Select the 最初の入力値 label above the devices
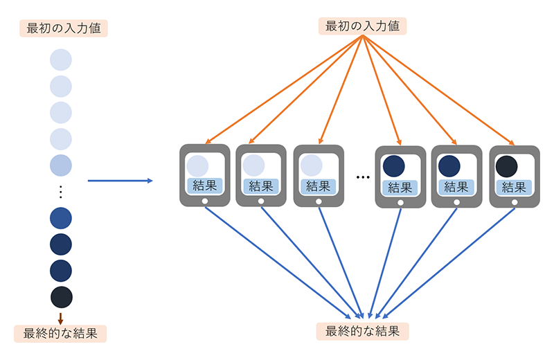362,27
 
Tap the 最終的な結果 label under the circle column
61,333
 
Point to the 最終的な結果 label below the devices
362,331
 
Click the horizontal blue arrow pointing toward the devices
119,181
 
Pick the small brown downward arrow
61,318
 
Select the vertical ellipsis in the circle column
61,192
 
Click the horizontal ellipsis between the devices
363,177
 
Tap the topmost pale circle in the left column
61,60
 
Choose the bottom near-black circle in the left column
61,297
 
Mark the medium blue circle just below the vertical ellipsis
61,218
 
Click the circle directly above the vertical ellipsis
61,165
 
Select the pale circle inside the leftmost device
197,166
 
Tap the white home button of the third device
319,201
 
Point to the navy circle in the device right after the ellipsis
393,166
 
